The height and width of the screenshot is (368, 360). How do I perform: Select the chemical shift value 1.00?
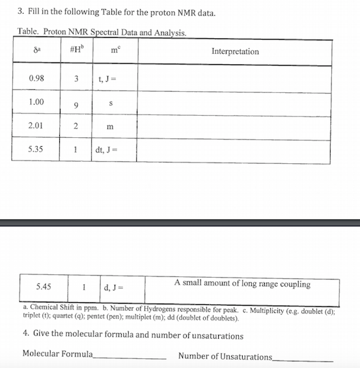pos(36,102)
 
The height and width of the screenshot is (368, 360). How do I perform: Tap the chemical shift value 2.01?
pos(36,125)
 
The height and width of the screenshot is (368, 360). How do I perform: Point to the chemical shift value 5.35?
pos(36,148)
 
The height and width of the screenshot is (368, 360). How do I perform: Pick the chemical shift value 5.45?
pos(44,286)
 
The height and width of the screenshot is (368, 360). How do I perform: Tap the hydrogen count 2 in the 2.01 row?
pos(76,125)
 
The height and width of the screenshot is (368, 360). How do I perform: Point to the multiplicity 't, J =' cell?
pos(108,79)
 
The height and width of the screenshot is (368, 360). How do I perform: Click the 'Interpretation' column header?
pos(235,51)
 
